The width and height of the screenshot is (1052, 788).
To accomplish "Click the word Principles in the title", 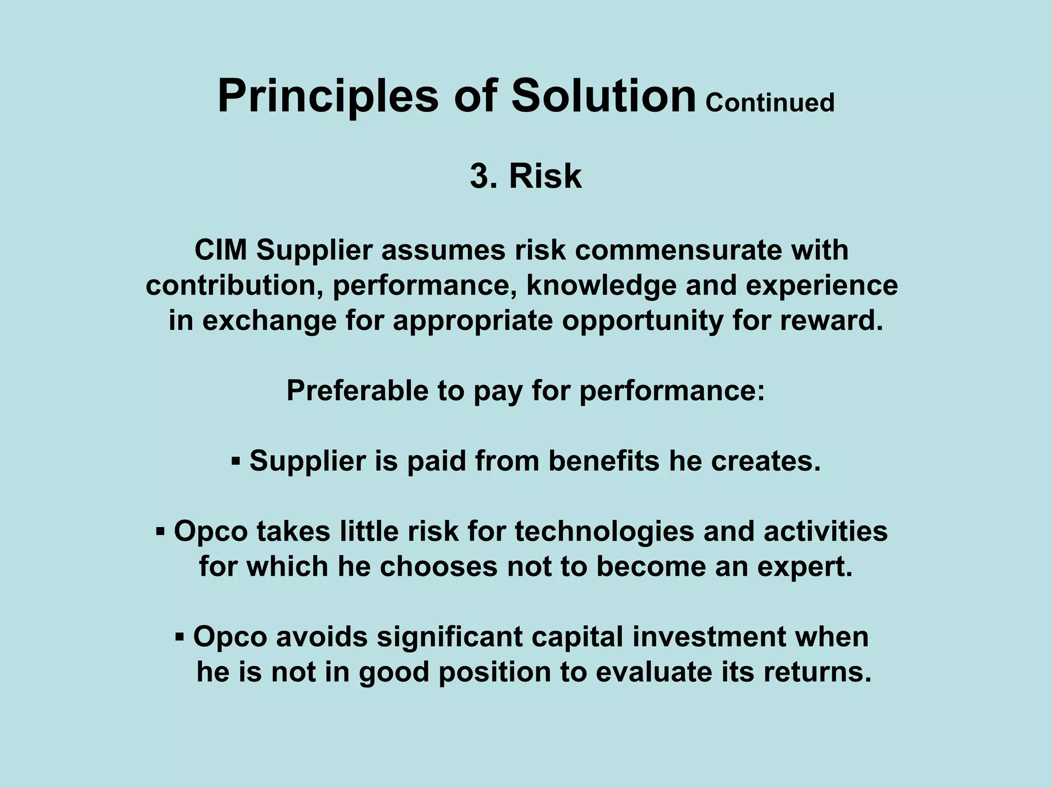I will click(x=328, y=97).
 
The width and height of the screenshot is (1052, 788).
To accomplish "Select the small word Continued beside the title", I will click(x=769, y=103).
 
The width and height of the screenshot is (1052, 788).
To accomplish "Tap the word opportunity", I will click(x=643, y=321).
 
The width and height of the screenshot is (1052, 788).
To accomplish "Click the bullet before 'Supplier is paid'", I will click(x=236, y=460).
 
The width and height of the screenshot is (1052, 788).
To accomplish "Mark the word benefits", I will click(x=604, y=460).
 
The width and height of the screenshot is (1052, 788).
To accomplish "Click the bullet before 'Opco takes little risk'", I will click(x=160, y=531).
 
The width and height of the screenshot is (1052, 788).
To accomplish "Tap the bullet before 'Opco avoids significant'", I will click(x=179, y=637).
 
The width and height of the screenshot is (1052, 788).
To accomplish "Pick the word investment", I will click(x=709, y=637).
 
